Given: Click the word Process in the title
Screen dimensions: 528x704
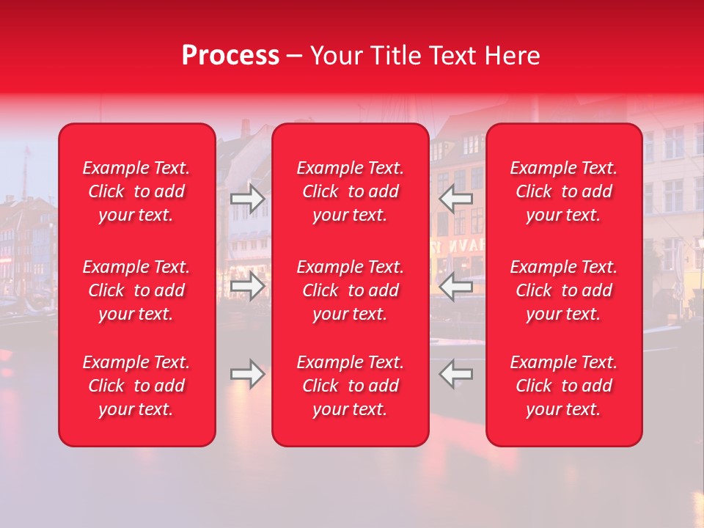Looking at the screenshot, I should coord(230,56).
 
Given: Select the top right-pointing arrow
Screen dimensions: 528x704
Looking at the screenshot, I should coord(248,199).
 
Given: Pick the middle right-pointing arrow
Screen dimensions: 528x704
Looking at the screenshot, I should coord(248,286).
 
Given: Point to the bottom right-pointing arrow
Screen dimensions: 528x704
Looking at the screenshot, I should coord(248,374).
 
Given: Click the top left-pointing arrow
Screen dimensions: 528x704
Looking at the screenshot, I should coord(455,199).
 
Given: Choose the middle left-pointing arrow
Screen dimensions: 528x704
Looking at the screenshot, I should coord(455,286).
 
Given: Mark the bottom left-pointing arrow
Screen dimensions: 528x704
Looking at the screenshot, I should coord(455,374).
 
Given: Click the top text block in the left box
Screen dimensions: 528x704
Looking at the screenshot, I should coord(136,191).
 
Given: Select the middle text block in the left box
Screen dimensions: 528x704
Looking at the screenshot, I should coord(136,290).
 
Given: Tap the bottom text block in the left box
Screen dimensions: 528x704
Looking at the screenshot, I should coord(136,386).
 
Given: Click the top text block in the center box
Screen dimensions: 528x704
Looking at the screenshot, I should coord(351,191).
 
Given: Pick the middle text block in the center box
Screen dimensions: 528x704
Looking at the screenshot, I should coord(351,290).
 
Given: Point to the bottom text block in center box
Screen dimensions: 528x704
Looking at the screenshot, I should coord(351,386).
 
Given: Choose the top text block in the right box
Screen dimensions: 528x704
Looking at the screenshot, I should coord(564,191).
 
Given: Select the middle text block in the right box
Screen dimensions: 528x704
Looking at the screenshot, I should coord(564,290).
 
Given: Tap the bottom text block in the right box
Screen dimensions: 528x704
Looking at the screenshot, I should coord(564,386).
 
